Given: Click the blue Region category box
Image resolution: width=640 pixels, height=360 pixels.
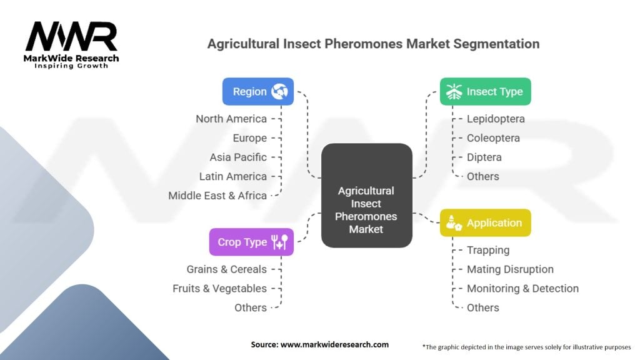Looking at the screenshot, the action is coord(258,91).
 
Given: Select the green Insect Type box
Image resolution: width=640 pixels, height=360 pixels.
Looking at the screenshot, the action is coord(485,91).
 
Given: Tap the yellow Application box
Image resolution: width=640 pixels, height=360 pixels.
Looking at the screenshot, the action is coord(485,223).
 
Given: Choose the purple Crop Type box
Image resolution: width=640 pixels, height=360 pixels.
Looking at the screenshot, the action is coord(251,242).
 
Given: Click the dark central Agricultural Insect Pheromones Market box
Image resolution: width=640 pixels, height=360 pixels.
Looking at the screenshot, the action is coord(366,196).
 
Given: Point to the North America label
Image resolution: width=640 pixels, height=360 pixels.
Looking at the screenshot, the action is coord(231,119).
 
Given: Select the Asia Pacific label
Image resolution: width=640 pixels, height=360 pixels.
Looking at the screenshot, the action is coord(238,157).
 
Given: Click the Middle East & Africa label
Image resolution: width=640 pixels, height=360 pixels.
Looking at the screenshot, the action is coord(217,196).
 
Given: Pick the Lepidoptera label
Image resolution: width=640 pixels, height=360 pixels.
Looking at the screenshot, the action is coord(496,119).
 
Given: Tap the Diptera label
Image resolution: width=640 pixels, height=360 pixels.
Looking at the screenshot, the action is coord(484,157).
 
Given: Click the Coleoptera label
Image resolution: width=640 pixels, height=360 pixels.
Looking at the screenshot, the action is coord(494,138).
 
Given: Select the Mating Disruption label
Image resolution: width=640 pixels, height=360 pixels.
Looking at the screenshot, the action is coord(510,269).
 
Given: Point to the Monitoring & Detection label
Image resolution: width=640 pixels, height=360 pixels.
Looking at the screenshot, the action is coord(523,289).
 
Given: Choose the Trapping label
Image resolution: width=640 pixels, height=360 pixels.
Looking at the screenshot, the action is coord(488,250).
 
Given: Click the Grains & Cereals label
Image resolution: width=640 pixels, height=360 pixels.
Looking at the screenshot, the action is coord(226,269).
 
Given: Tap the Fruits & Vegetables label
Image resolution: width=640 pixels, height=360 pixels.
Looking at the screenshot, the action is coord(219,289).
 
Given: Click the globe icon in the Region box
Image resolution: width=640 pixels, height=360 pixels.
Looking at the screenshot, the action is coord(279,91).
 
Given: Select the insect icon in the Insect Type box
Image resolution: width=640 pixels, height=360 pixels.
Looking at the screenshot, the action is coord(454,91).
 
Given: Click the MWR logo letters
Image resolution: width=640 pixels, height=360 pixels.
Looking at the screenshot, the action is coord(71,36).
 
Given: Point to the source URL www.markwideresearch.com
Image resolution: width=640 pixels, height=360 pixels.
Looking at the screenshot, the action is coord(334,344).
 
